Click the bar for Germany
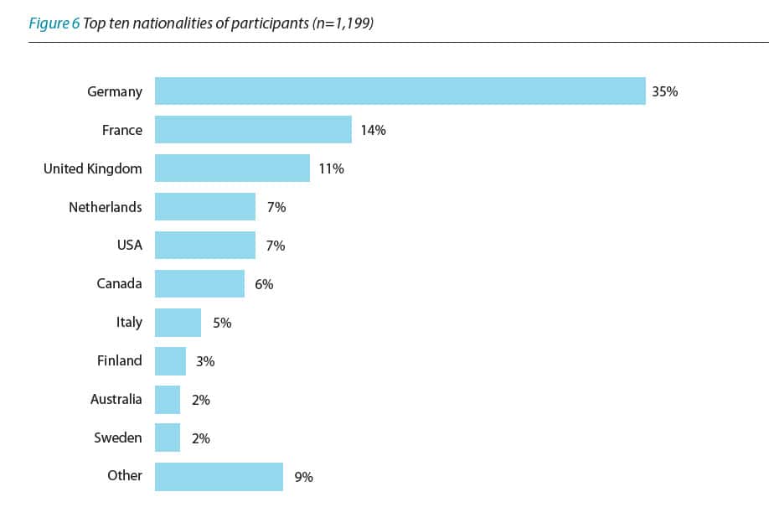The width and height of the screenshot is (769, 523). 400,91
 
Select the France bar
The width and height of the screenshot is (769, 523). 253,130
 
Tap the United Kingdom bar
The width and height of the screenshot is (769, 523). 232,168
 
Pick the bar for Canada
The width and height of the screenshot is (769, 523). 199,284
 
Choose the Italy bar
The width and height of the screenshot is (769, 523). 178,323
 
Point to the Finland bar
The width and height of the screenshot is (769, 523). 170,361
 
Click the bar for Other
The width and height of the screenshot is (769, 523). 219,476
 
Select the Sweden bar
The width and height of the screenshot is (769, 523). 168,438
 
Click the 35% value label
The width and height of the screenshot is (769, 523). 665,91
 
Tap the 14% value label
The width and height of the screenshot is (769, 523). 373,130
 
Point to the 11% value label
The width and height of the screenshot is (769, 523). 331,168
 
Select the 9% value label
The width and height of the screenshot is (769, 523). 303,477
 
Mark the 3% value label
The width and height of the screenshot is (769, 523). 205,361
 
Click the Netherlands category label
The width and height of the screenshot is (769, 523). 106,207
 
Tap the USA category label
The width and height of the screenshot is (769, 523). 129,246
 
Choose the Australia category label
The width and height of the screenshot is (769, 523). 116,399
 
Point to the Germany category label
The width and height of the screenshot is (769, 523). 115,91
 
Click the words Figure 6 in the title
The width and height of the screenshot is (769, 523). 54,23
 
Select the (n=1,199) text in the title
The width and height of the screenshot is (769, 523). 342,23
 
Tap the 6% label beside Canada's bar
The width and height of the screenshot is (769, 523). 264,284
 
